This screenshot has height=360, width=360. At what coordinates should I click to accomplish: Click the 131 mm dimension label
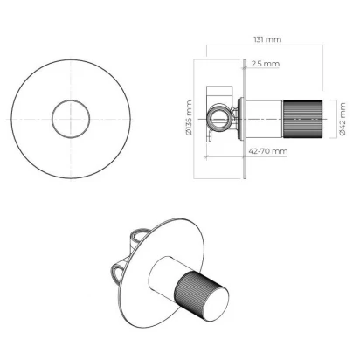267,39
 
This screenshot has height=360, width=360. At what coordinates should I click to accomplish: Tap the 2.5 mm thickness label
266,64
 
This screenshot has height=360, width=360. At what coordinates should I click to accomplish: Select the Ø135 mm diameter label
189,118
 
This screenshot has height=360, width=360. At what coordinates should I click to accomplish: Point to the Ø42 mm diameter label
343,119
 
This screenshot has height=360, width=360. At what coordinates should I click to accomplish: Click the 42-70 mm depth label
268,151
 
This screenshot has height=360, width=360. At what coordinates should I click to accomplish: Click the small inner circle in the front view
71,119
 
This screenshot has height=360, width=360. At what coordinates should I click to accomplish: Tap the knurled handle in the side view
302,119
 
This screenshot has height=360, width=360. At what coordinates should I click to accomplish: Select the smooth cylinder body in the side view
265,119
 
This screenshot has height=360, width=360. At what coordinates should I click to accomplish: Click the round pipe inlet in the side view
219,118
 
